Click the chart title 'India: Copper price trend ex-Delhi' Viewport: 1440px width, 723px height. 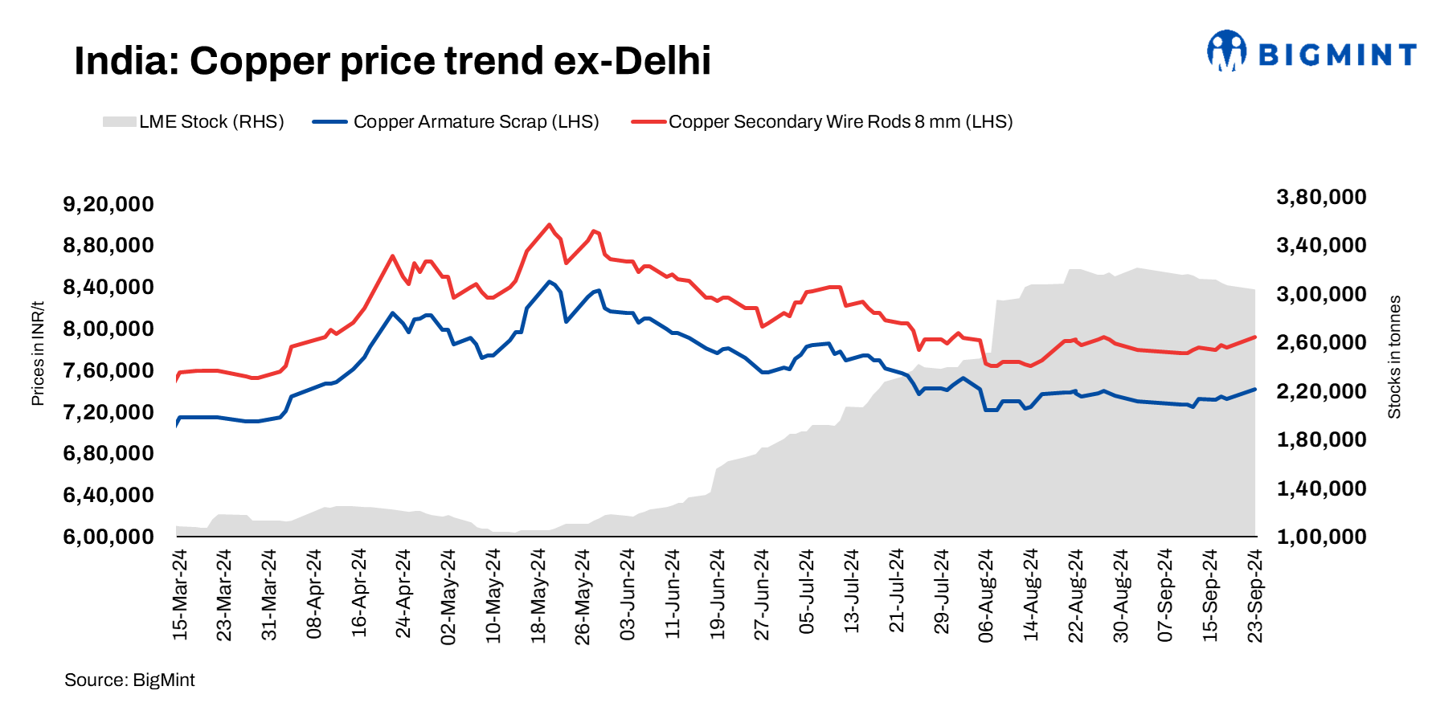pyautogui.click(x=392, y=61)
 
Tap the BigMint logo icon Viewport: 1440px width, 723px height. pyautogui.click(x=1226, y=51)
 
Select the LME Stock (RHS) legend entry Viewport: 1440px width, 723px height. pyautogui.click(x=193, y=122)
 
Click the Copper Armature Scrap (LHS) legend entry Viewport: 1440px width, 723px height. pyautogui.click(x=456, y=122)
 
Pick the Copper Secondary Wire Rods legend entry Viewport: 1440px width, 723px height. pyautogui.click(x=821, y=122)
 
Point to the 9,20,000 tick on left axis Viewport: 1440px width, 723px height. pyautogui.click(x=108, y=204)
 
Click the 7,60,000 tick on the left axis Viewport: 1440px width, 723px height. pyautogui.click(x=108, y=370)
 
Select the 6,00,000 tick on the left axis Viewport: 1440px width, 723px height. pyautogui.click(x=108, y=537)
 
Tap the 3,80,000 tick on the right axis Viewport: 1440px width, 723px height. pyautogui.click(x=1321, y=197)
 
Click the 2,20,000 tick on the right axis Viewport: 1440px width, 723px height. pyautogui.click(x=1321, y=391)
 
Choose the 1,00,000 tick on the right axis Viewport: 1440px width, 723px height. pyautogui.click(x=1321, y=537)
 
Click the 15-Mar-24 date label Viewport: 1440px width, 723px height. pyautogui.click(x=180, y=594)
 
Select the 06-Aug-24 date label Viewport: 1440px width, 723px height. pyautogui.click(x=986, y=594)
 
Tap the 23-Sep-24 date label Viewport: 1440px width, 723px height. pyautogui.click(x=1254, y=594)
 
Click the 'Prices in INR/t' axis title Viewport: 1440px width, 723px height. pyautogui.click(x=38, y=353)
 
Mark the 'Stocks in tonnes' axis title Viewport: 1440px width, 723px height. pyautogui.click(x=1394, y=357)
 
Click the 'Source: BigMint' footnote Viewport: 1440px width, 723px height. pyautogui.click(x=129, y=680)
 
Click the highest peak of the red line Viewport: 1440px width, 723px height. pyautogui.click(x=549, y=225)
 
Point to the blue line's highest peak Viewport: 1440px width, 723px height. pyautogui.click(x=549, y=281)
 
